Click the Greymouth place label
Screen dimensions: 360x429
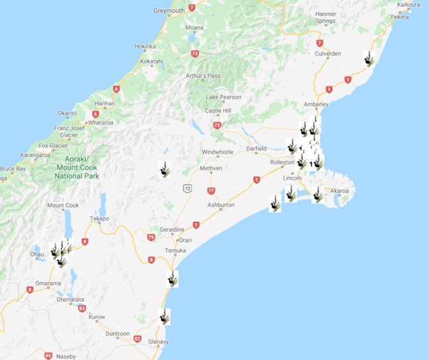169,11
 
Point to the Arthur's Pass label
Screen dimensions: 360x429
203,76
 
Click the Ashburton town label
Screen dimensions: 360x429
221,205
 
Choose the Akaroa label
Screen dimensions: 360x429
339,191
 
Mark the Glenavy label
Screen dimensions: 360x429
158,342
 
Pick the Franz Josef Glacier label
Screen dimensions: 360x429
68,131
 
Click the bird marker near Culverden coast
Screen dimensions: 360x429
369,59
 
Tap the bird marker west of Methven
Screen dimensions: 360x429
165,170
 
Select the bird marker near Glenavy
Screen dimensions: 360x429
165,317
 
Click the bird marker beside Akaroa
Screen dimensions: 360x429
318,195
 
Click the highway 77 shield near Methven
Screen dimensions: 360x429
212,191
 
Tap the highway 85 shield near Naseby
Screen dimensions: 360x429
49,356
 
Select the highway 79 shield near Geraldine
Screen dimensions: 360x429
152,237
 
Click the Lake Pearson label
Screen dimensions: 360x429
224,97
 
